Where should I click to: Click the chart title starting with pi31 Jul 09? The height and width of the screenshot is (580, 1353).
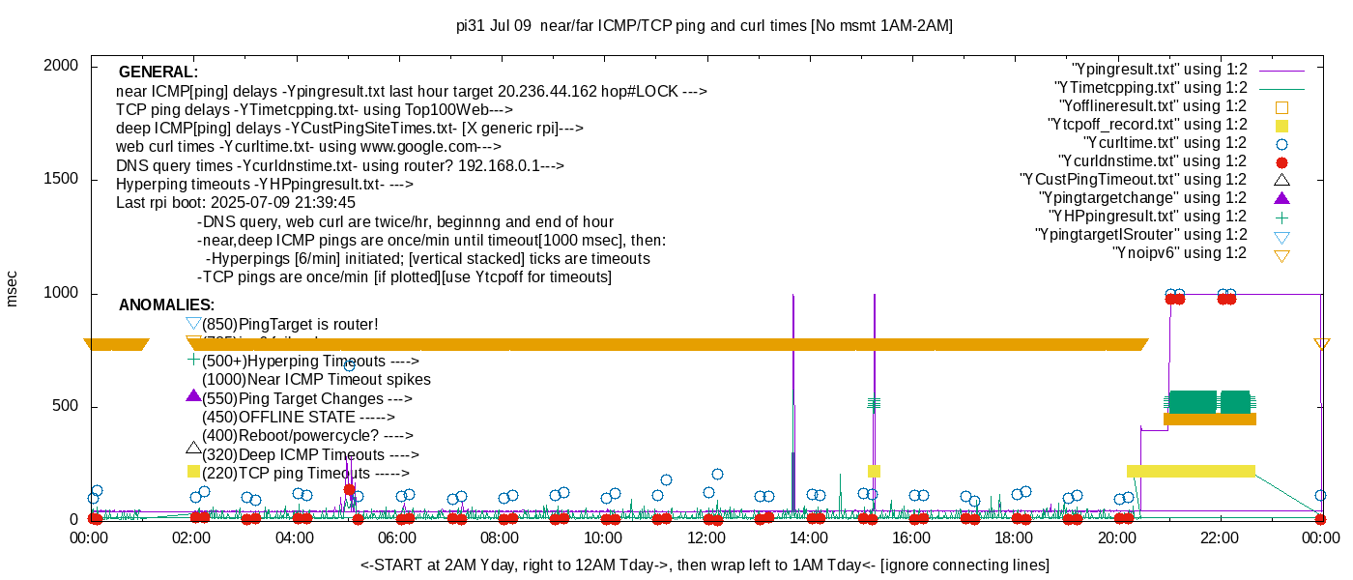pyautogui.click(x=704, y=26)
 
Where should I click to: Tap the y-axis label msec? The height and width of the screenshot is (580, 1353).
pyautogui.click(x=12, y=288)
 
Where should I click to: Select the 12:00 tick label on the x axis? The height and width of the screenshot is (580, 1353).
pyautogui.click(x=705, y=539)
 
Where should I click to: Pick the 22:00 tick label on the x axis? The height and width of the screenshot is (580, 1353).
pyautogui.click(x=1220, y=539)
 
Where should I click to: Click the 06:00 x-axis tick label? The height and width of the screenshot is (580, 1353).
pyautogui.click(x=397, y=539)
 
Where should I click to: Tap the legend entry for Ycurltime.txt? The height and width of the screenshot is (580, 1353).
pyautogui.click(x=1153, y=143)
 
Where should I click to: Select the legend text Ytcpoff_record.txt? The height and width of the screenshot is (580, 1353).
pyautogui.click(x=1147, y=125)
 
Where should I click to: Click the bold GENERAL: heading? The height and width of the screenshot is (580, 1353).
pyautogui.click(x=158, y=72)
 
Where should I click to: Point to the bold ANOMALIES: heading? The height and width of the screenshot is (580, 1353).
pyautogui.click(x=166, y=305)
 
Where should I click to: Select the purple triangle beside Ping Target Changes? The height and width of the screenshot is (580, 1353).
pyautogui.click(x=193, y=396)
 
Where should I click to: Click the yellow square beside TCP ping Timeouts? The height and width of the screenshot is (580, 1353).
pyautogui.click(x=193, y=472)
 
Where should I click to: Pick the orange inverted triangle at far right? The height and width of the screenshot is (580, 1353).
pyautogui.click(x=1322, y=344)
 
